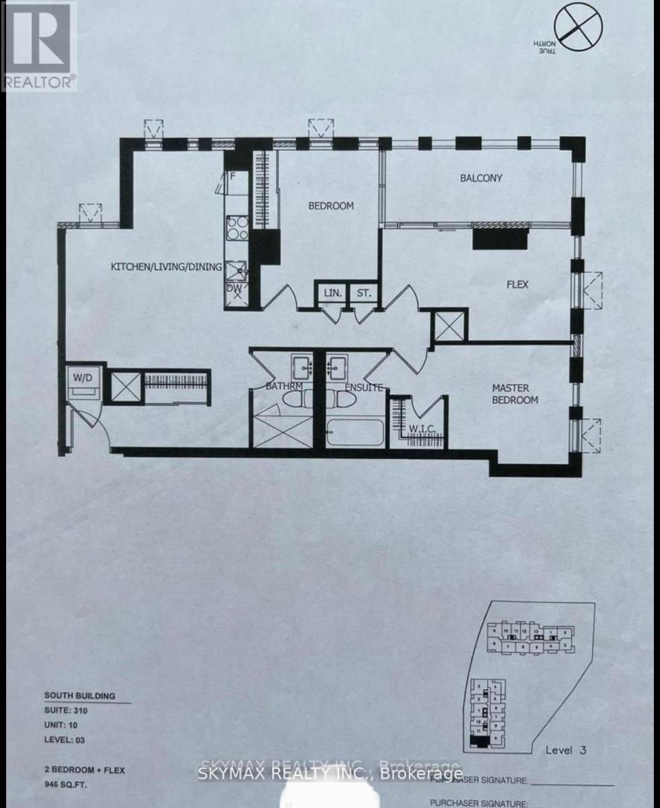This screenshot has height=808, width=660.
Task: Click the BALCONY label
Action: pos(481,178)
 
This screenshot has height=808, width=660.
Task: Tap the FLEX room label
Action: pos(517,285)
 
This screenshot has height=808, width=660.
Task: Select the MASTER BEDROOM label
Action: pos(515,394)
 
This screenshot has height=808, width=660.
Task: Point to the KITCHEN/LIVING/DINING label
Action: pos(166,267)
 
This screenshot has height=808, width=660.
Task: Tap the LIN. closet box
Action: pos(333,293)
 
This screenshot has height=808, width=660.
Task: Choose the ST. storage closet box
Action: pos(364,293)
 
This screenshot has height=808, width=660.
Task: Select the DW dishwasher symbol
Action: pos(235,288)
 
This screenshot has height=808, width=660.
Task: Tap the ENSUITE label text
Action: pos(364,387)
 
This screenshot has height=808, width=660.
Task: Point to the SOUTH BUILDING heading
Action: pos(79,696)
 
